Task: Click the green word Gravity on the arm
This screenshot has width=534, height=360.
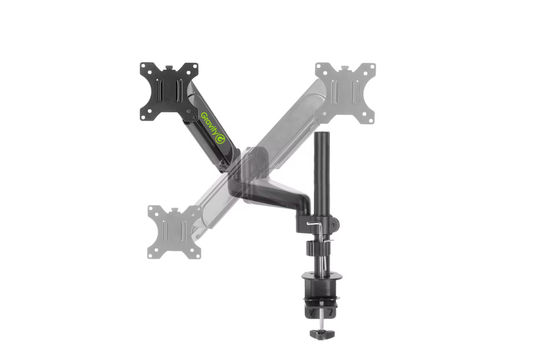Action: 210,124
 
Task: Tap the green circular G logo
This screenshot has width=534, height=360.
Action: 220,138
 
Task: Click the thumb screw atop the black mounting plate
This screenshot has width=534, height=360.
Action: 169,67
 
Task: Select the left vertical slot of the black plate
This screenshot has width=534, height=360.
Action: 159,91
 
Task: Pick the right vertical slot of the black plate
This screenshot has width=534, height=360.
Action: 179,91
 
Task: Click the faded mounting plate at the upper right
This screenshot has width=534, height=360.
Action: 345,93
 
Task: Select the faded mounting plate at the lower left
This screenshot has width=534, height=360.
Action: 175,232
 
